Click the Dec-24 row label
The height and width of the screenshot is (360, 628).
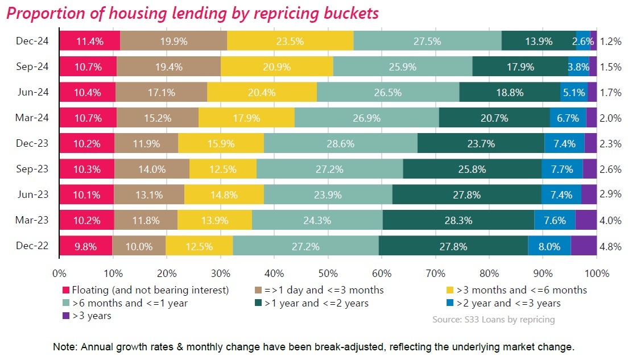pyautogui.click(x=33, y=41)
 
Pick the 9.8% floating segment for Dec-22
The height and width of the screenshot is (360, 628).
pyautogui.click(x=86, y=246)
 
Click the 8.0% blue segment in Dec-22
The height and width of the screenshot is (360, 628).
pyautogui.click(x=549, y=246)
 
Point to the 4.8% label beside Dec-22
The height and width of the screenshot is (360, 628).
pyautogui.click(x=611, y=246)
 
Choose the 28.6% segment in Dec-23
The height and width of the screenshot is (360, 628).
pyautogui.click(x=340, y=143)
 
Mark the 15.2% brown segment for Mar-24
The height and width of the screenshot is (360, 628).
pyautogui.click(x=158, y=118)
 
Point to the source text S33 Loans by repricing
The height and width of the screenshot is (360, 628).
pyautogui.click(x=493, y=320)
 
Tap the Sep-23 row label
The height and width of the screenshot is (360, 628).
pyautogui.click(x=33, y=169)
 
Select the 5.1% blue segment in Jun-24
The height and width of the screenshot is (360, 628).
pyautogui.click(x=573, y=92)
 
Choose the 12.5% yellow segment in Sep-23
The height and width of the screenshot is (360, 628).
pyautogui.click(x=222, y=169)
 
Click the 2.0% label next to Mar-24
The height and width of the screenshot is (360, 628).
pyautogui.click(x=611, y=118)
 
